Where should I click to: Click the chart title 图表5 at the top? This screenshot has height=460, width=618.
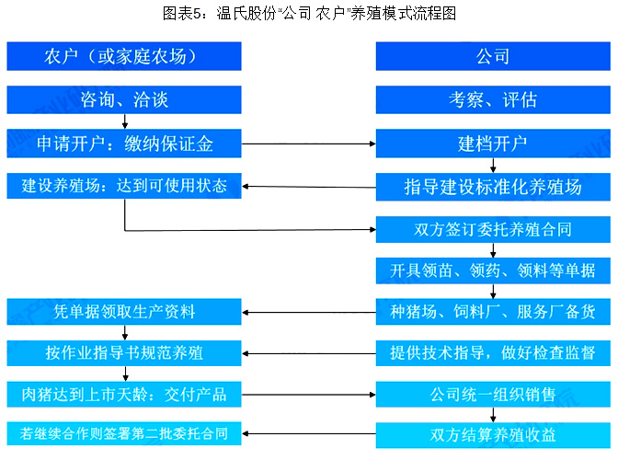coord(309,14)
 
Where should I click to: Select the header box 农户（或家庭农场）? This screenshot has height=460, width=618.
coord(124,56)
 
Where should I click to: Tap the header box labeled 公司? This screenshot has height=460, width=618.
coord(493,56)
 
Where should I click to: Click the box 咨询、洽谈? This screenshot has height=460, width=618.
coord(124,100)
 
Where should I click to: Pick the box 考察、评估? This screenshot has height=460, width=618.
coord(493,100)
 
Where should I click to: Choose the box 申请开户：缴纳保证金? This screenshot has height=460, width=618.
coord(124,144)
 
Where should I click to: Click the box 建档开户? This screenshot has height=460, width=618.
coord(493,144)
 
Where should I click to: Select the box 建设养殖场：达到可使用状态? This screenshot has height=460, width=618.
coord(124,186)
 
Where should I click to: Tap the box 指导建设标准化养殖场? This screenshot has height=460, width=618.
coord(493,187)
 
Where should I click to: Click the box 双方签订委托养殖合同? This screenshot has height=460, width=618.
coord(493,229)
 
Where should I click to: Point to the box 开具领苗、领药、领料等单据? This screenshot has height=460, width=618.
coord(493,270)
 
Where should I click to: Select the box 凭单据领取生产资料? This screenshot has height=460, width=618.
coord(124,312)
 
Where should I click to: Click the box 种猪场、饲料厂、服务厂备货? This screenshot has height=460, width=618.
coord(493,312)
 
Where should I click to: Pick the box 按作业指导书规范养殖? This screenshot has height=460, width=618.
coord(124,352)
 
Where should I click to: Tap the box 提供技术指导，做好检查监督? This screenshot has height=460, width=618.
coord(493,352)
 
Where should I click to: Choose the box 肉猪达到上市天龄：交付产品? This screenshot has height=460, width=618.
coord(124,394)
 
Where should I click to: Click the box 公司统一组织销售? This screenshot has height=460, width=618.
coord(493,394)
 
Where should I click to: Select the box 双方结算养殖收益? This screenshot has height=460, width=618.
coord(493,435)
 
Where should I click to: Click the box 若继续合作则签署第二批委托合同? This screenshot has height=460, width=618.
coord(124,433)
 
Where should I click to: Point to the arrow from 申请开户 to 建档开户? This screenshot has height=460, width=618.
coord(309,144)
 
